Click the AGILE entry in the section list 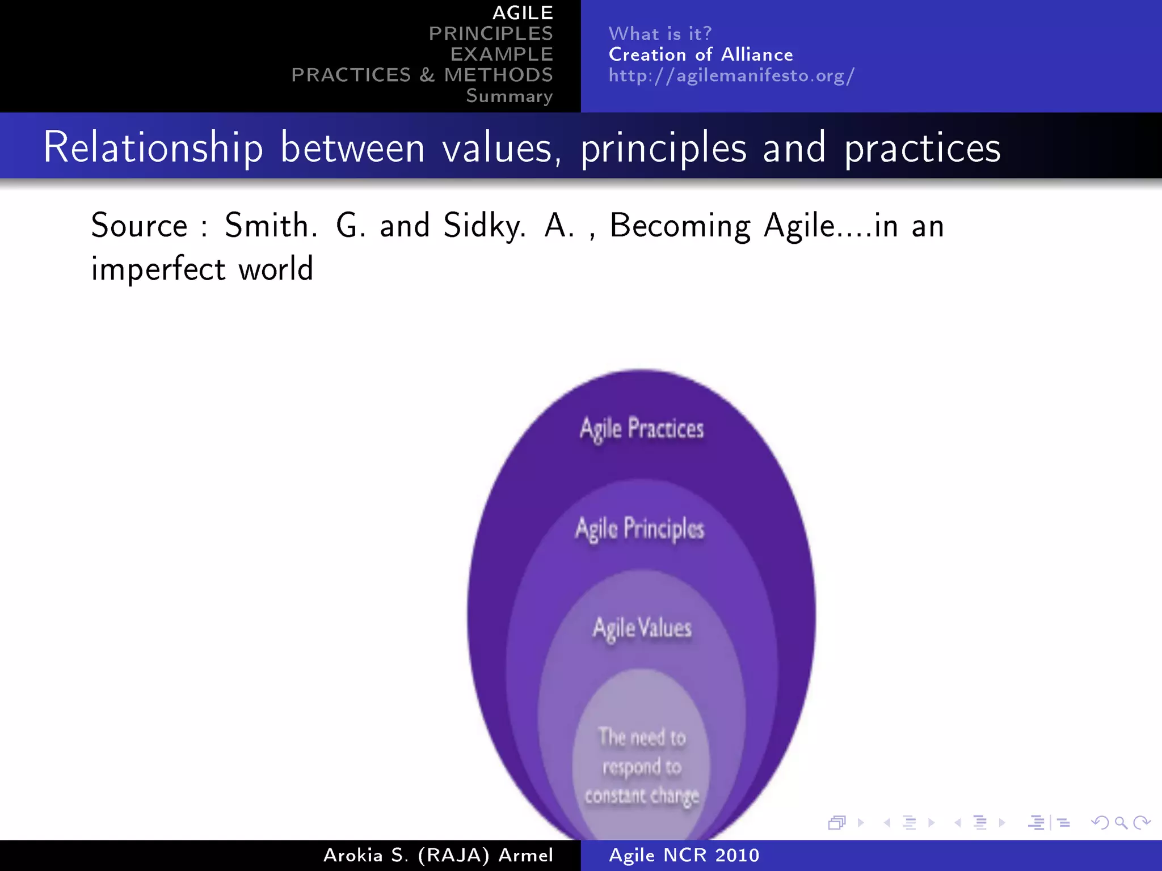(x=522, y=12)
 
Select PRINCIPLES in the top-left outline (x=490, y=33)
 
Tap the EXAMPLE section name (x=502, y=54)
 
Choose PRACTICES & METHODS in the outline (x=422, y=75)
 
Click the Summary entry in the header (x=509, y=96)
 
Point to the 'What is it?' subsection (x=660, y=33)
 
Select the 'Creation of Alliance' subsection (x=701, y=54)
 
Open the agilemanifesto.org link (x=731, y=75)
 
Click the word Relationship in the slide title (x=153, y=147)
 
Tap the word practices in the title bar (x=923, y=149)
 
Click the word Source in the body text (x=139, y=226)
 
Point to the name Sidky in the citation (x=484, y=226)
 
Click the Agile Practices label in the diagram (x=641, y=429)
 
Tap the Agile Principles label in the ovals (x=639, y=528)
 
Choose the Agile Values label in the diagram (x=642, y=628)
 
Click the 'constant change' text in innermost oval (x=641, y=796)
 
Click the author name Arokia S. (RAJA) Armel (x=437, y=855)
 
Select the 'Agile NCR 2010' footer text (x=684, y=855)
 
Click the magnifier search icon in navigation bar (x=1121, y=822)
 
